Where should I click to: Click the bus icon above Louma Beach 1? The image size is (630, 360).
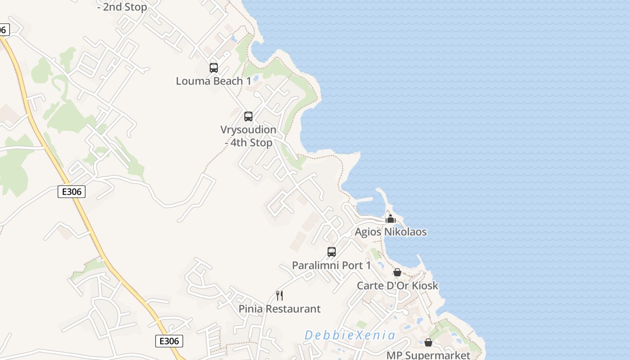tap(214, 68)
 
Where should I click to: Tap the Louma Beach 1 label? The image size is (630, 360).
tap(213, 81)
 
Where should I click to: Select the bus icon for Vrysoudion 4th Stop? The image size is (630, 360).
tap(248, 117)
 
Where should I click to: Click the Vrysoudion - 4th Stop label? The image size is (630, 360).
tap(248, 136)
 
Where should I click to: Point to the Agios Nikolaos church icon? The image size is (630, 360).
tap(390, 219)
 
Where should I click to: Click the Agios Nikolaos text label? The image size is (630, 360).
tap(391, 232)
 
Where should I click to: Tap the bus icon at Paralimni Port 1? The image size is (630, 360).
tap(332, 252)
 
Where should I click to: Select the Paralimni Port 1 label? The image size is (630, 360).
tap(332, 265)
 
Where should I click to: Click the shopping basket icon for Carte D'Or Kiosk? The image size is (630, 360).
tap(397, 272)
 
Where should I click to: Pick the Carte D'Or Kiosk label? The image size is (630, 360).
tap(397, 286)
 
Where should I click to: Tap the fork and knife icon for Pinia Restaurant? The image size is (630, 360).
tap(279, 296)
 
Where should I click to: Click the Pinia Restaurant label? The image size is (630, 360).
tap(279, 309)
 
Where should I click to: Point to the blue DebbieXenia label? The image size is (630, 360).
tap(350, 335)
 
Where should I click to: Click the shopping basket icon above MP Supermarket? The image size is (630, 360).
tap(428, 343)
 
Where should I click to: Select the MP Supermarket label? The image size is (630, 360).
tap(428, 355)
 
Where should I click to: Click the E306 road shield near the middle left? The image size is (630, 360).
tap(72, 192)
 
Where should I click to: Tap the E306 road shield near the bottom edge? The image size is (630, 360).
tap(169, 341)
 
